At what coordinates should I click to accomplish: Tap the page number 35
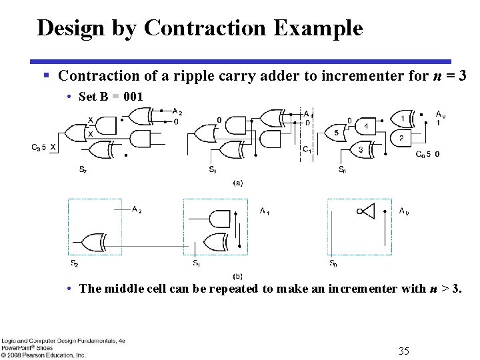[403, 351]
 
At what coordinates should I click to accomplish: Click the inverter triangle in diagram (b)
[367, 211]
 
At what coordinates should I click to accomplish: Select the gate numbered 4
[365, 126]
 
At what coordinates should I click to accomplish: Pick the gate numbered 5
[337, 133]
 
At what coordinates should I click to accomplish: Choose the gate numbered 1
[402, 119]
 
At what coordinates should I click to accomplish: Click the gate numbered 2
[402, 138]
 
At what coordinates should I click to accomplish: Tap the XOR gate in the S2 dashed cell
[93, 241]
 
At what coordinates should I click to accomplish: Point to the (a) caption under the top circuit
[237, 182]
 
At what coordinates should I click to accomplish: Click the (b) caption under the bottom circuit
[237, 275]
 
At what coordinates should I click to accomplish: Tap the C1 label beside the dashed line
[307, 149]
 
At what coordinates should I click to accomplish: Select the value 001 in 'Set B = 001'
[133, 96]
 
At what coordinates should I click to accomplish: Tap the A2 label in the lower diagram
[137, 210]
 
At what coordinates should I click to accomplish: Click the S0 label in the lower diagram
[332, 264]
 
